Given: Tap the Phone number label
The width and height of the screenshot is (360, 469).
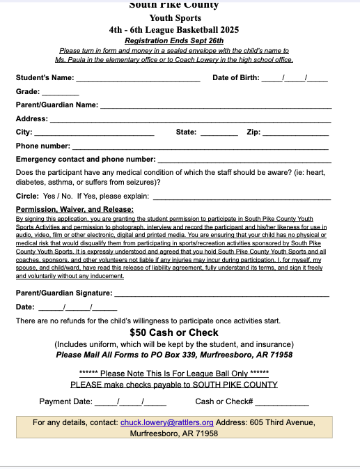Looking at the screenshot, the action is point(43,146).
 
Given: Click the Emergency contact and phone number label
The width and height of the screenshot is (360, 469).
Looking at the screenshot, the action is point(86,160).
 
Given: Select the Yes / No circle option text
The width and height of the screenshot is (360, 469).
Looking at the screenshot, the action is point(58,197).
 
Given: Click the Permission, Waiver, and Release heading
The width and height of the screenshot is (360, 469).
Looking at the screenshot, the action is point(75,209).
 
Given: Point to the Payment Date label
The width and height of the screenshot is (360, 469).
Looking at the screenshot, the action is point(65,401).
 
